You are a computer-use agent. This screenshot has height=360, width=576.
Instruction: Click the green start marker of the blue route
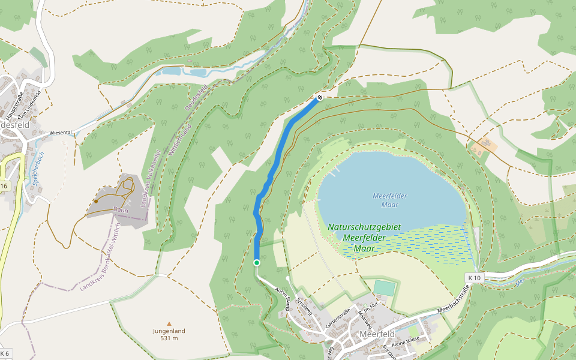[x=257, y=263]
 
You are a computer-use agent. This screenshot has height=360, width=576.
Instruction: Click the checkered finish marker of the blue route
[x=320, y=97]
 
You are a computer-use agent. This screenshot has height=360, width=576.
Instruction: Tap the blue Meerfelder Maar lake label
[x=390, y=200]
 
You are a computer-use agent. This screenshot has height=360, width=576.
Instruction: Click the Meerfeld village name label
[x=377, y=334]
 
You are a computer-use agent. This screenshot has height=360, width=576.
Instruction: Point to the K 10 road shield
[x=474, y=278]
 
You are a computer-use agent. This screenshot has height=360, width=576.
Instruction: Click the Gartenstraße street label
[x=338, y=316]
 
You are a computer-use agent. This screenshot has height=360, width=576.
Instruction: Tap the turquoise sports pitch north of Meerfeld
[x=385, y=287]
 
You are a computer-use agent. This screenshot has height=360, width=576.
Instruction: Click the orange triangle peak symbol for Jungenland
[x=169, y=323]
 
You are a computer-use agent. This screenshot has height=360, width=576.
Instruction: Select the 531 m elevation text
[x=169, y=338]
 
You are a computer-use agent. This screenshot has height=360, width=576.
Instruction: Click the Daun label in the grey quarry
[x=121, y=209]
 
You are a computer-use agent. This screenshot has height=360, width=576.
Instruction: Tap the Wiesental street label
[x=61, y=132]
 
